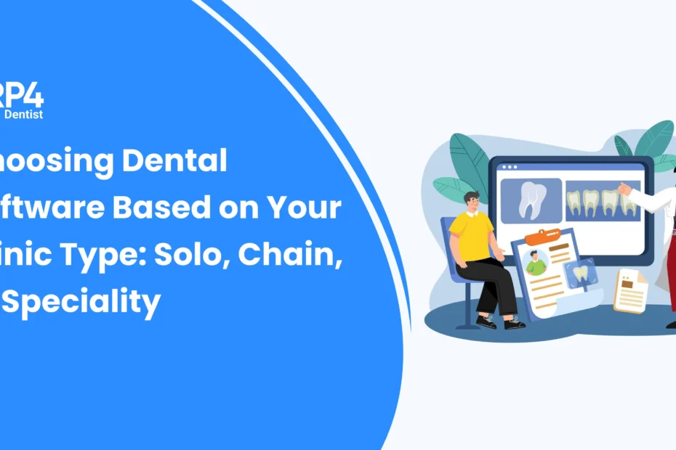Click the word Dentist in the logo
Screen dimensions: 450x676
(x=23, y=114)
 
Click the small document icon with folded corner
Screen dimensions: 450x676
(x=629, y=290)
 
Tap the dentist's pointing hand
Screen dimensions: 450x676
(x=623, y=189)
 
